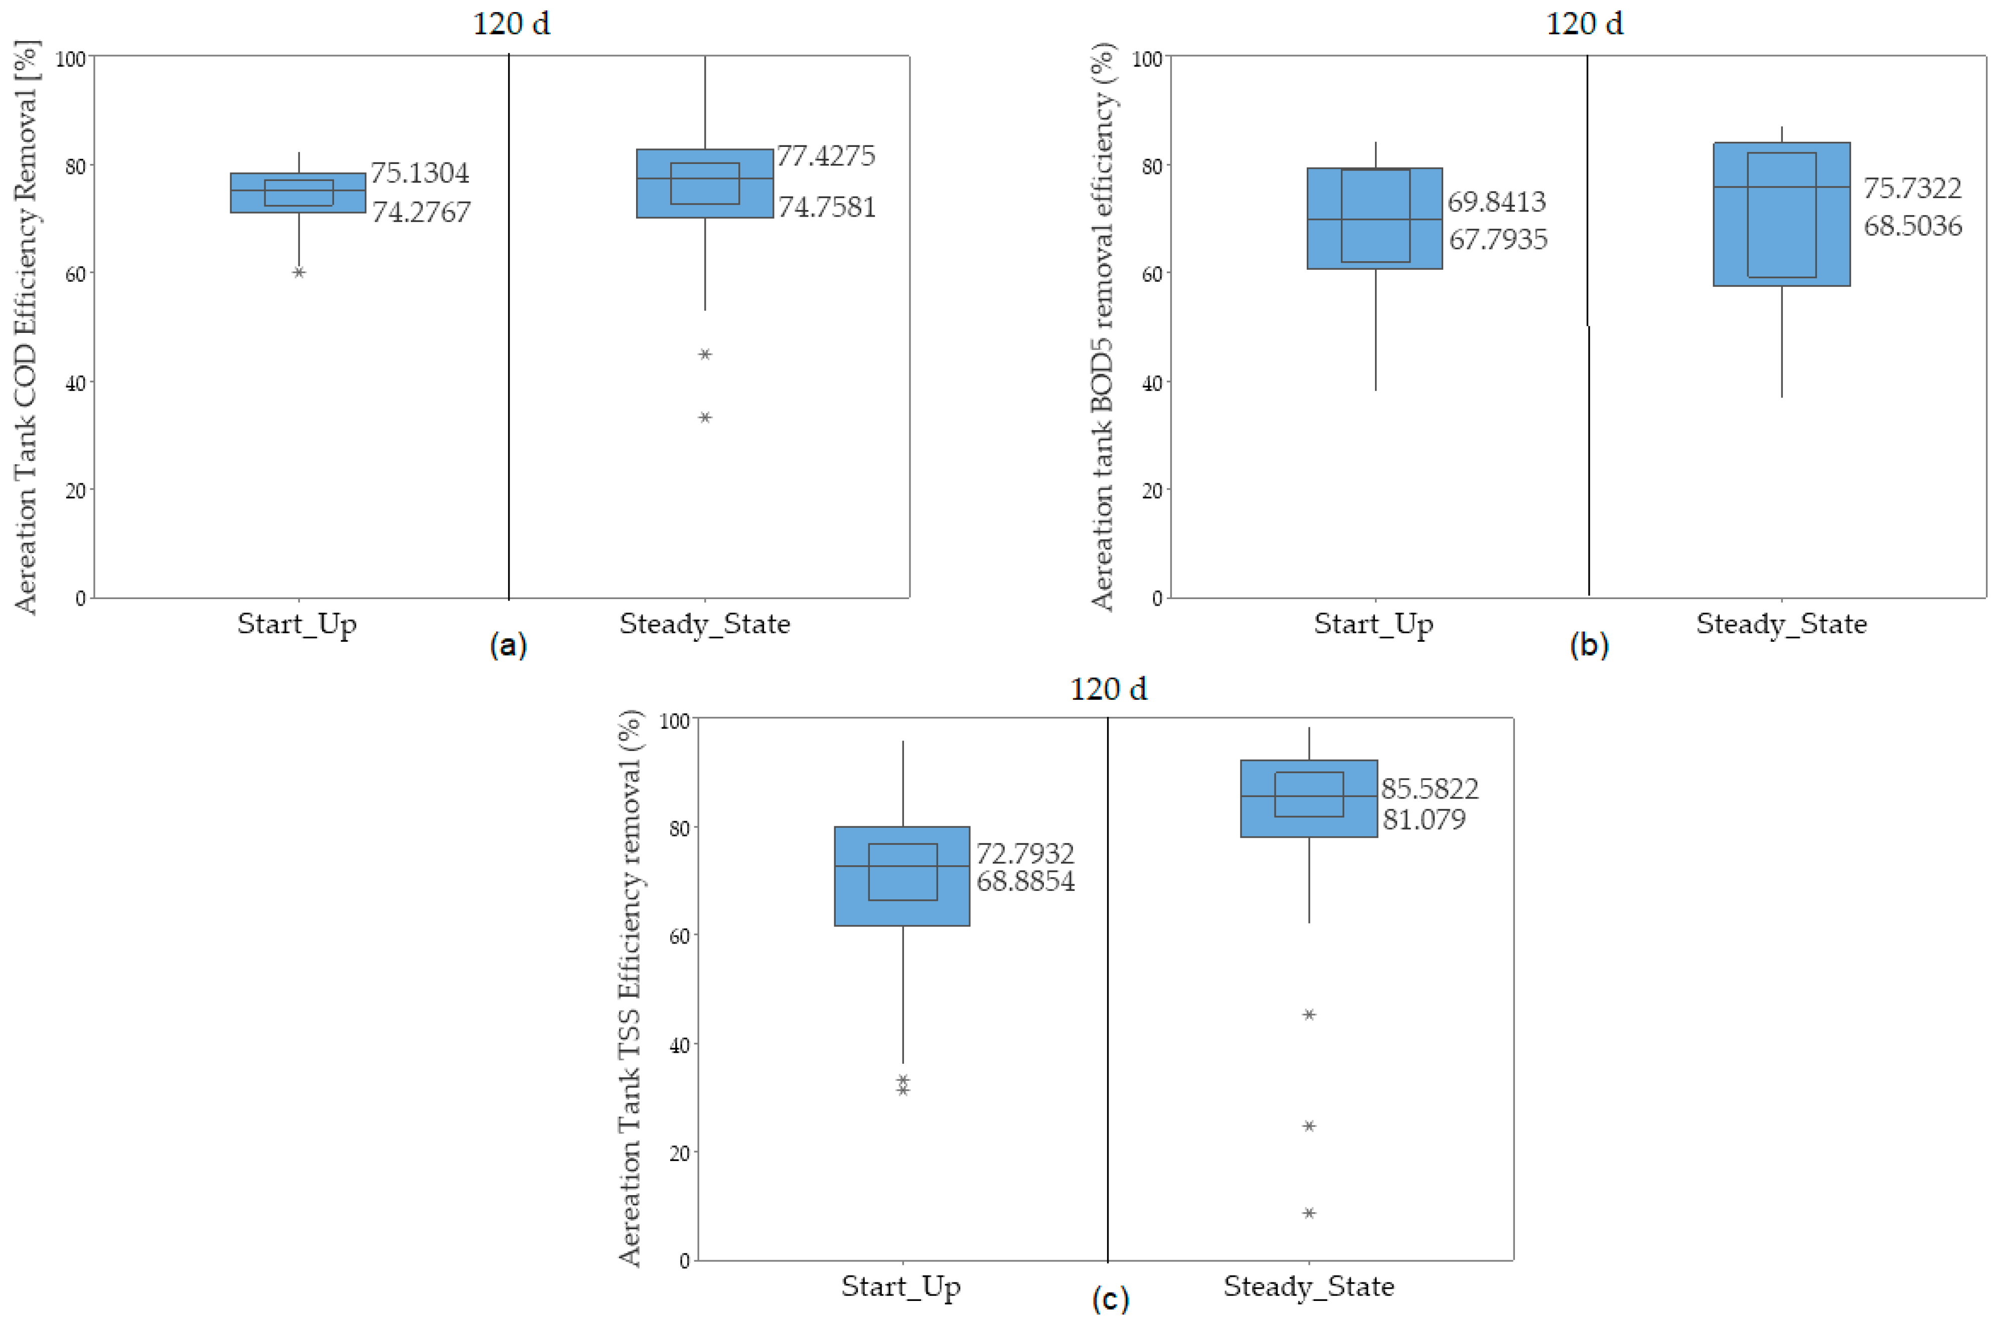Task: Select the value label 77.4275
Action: pos(826,155)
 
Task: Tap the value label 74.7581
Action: pos(827,207)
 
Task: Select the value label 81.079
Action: pos(1424,819)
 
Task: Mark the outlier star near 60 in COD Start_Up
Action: pos(298,272)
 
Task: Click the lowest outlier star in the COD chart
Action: pos(705,417)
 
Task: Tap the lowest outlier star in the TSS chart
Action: pos(1309,1213)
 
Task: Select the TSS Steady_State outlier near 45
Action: pos(1309,1014)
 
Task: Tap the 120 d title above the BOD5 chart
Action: pos(1585,24)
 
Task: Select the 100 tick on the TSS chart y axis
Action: pos(674,720)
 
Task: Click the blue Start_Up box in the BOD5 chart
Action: pos(1375,218)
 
